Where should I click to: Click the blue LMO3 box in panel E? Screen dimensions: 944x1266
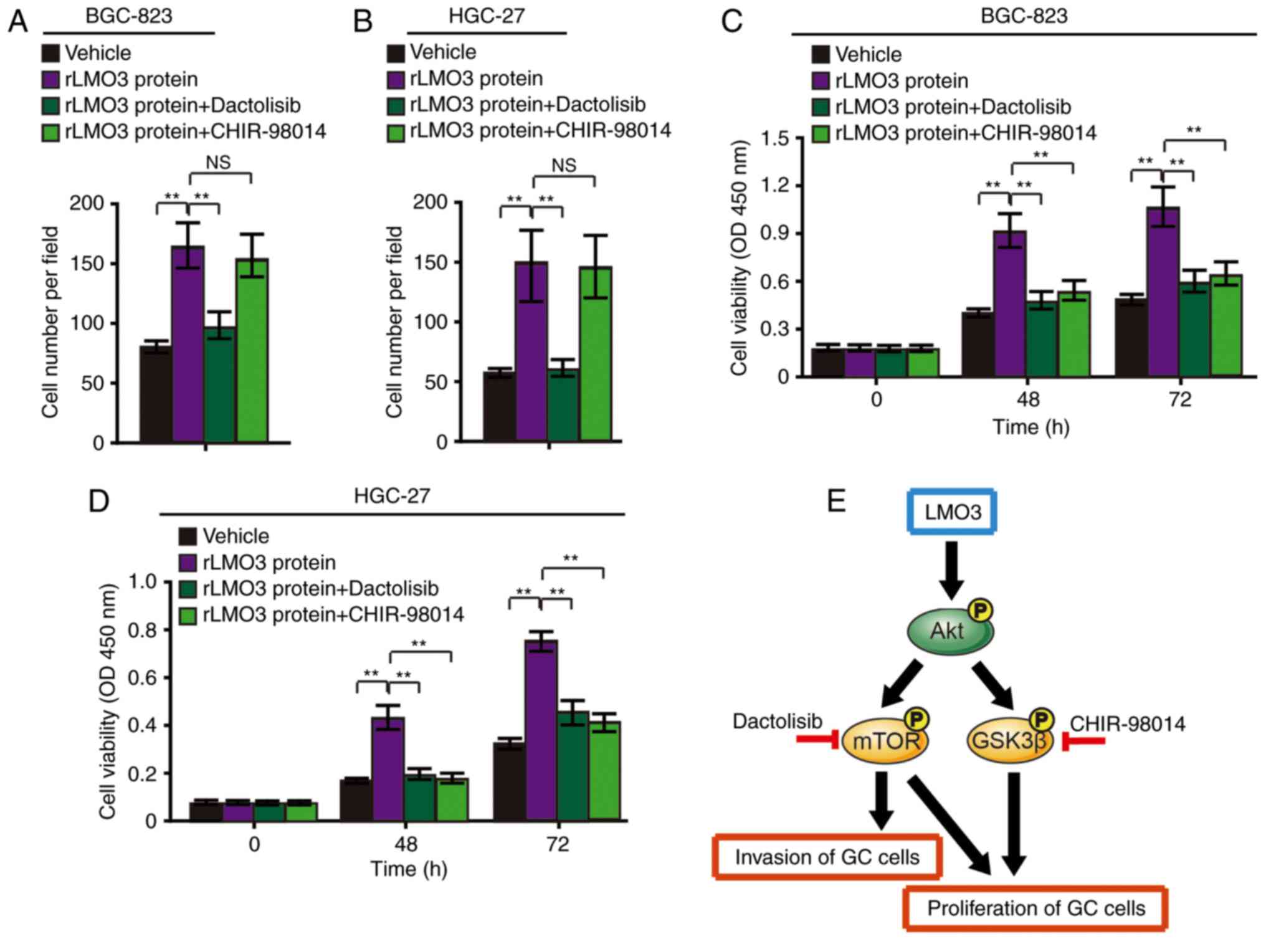point(952,512)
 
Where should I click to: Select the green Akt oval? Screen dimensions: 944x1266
point(948,631)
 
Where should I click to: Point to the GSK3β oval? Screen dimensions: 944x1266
point(1009,741)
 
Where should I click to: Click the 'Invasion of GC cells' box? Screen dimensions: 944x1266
point(827,857)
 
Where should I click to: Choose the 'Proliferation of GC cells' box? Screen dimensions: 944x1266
point(1035,908)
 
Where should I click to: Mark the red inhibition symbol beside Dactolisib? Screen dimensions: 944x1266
point(817,740)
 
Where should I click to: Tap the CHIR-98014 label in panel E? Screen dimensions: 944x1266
point(1128,724)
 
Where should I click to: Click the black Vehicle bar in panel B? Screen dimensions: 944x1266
point(499,408)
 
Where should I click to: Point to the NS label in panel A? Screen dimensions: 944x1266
point(218,163)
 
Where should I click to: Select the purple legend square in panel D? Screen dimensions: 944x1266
point(188,563)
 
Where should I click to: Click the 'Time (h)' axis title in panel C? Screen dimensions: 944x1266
point(1030,427)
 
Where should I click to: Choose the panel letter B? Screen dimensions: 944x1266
point(363,21)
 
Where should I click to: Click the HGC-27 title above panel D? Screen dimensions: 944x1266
point(392,496)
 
